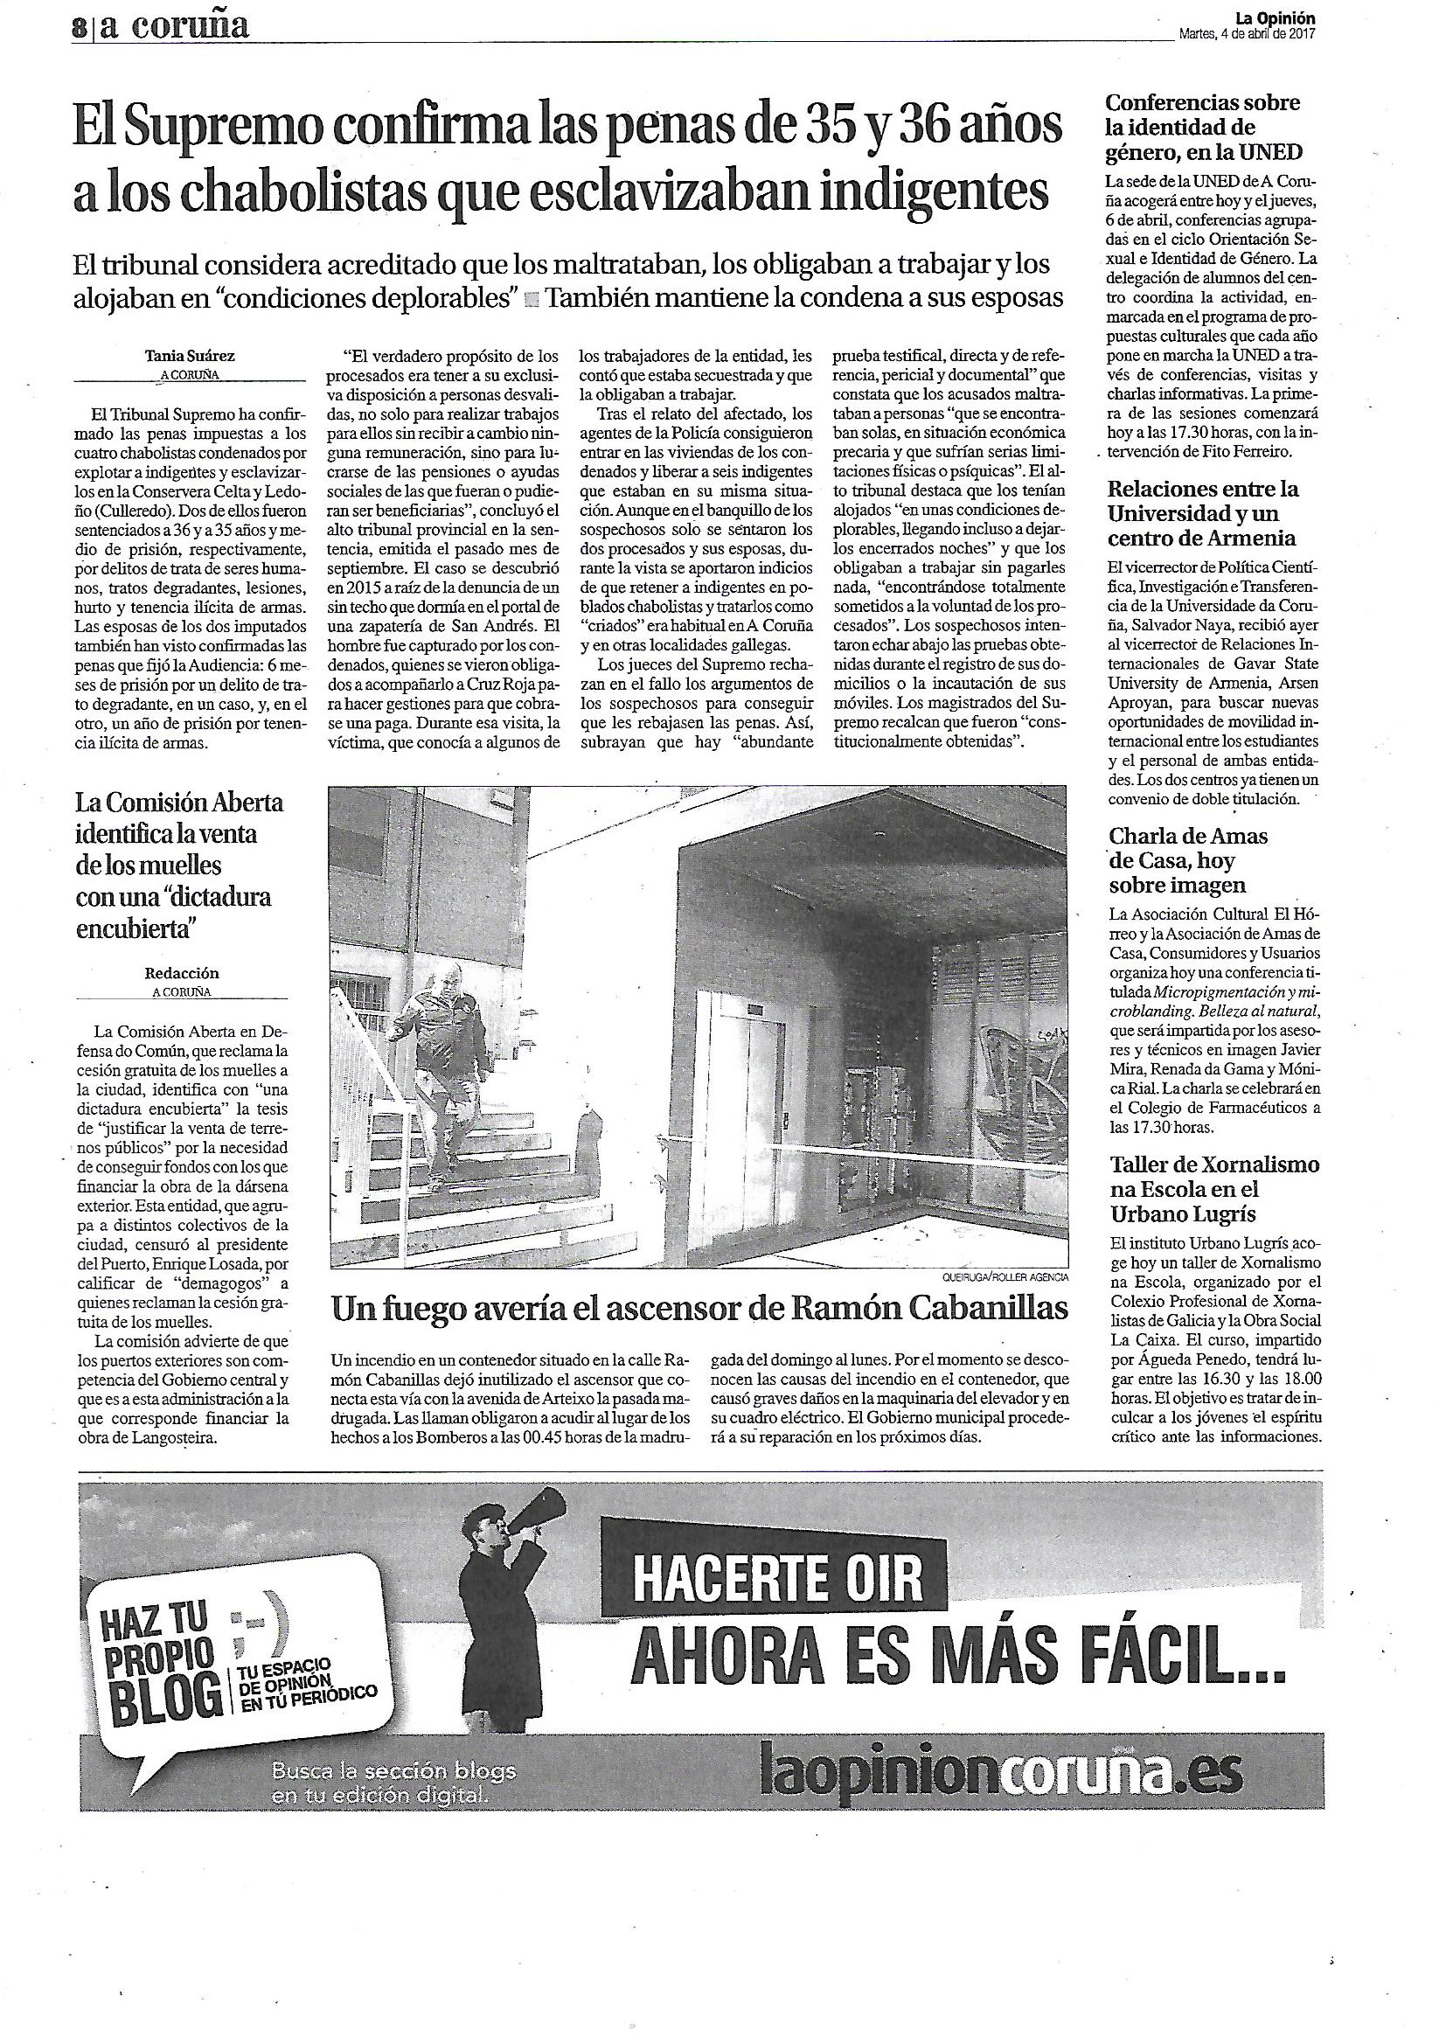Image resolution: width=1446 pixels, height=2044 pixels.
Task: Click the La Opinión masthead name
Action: (1276, 17)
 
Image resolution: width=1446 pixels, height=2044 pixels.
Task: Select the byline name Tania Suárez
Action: (190, 355)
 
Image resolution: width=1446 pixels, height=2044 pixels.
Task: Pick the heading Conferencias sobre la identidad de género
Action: (1192, 129)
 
